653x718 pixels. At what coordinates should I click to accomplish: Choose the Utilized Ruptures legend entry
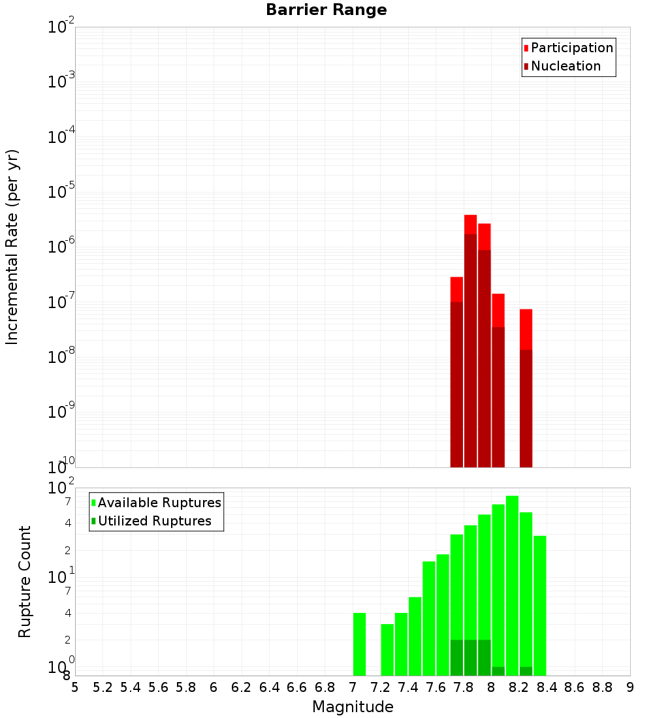154,522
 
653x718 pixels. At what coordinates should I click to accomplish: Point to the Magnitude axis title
353,707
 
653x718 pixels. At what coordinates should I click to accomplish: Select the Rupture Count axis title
25,582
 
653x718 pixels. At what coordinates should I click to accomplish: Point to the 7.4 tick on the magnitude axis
408,687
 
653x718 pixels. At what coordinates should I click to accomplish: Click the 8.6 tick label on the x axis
575,687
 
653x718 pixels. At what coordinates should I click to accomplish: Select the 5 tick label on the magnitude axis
75,687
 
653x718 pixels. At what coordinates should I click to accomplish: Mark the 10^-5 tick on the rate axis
62,191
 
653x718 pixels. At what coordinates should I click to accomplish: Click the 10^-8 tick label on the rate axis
62,356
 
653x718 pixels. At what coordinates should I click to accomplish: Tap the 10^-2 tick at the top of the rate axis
62,27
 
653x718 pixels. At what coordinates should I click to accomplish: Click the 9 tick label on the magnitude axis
630,687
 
